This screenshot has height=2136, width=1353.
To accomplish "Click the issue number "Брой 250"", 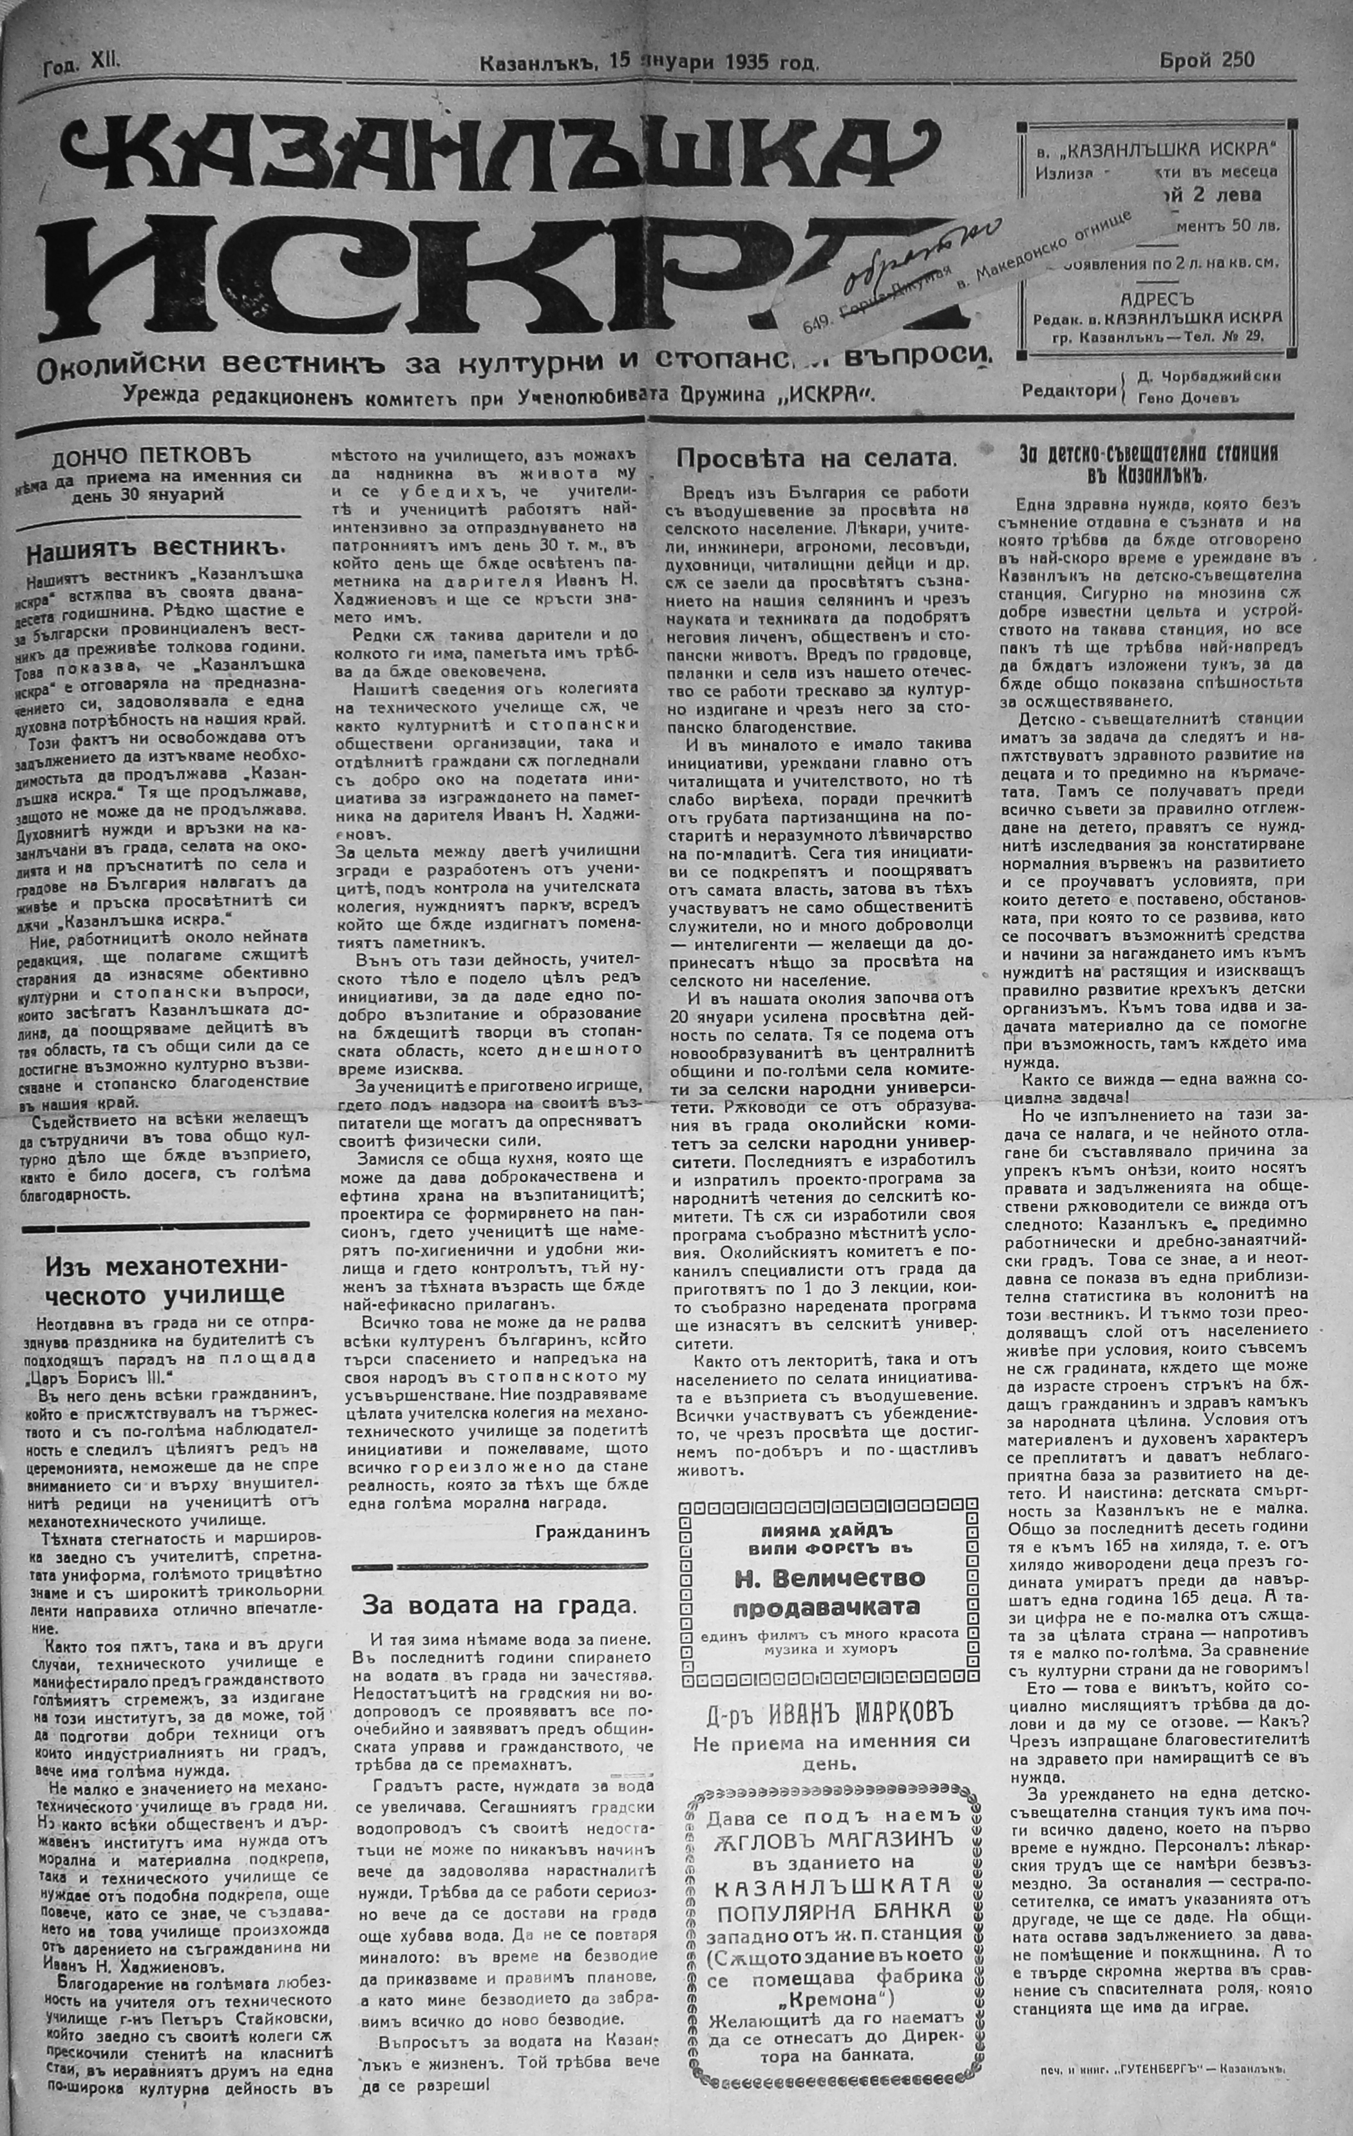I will pos(1207,61).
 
